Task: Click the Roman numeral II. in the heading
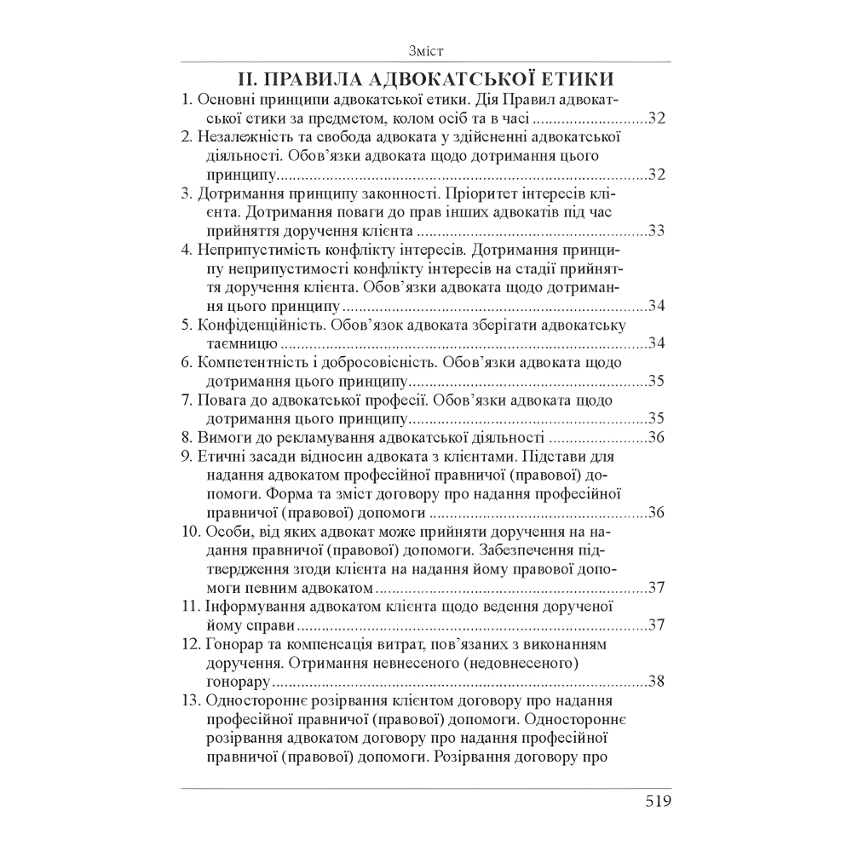pyautogui.click(x=250, y=80)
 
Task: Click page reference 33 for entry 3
pyautogui.click(x=656, y=230)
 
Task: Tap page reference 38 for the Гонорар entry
pyautogui.click(x=656, y=680)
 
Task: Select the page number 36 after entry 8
pyautogui.click(x=656, y=438)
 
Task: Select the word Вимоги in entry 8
pyautogui.click(x=222, y=438)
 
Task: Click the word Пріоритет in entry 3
pyautogui.click(x=475, y=193)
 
